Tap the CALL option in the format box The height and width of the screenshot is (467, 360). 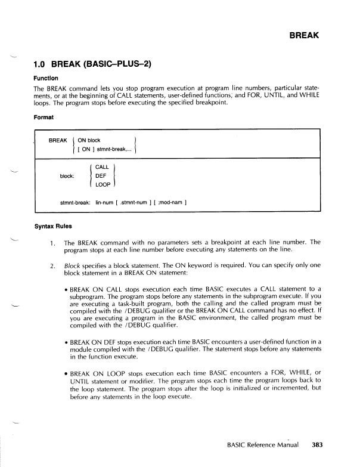[x=102, y=168]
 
